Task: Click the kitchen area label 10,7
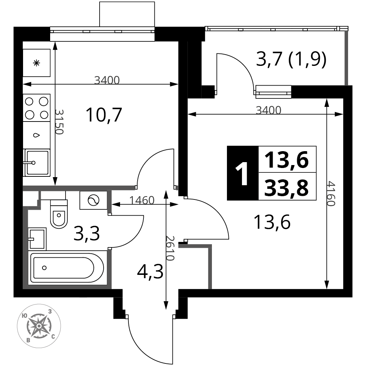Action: tap(104, 115)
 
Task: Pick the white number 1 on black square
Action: tap(242, 173)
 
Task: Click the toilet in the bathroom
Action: tap(59, 214)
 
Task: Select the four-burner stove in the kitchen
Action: tap(37, 108)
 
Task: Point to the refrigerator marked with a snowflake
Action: tap(36, 63)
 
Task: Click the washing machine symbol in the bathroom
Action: tap(93, 200)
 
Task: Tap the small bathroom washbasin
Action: tap(37, 239)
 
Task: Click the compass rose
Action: tap(39, 326)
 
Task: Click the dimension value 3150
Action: tap(59, 122)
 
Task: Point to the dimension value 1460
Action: tap(142, 200)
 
